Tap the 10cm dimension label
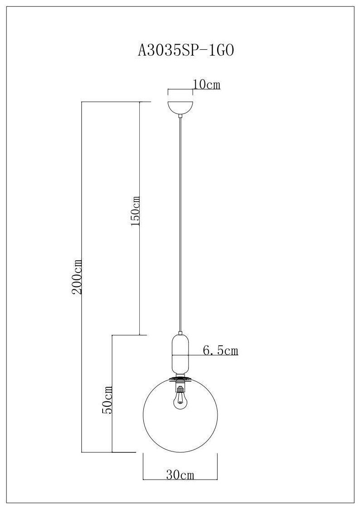point(207,85)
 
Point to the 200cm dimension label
point(77,277)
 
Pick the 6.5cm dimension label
point(220,350)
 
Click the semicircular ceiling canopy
point(180,107)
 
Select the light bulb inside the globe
point(180,398)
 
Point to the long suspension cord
point(180,226)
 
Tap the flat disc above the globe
point(180,378)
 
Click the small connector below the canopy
point(180,117)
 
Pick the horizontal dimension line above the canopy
point(180,89)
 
